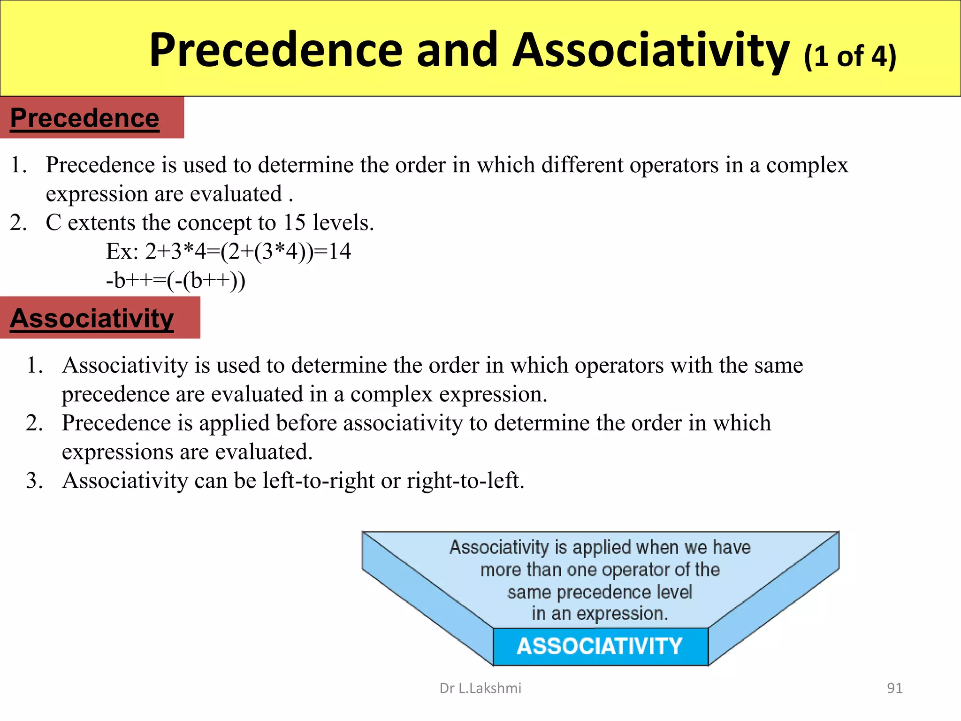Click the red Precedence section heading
click(85, 118)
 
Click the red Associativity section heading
click(92, 318)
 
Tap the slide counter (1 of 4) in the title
click(850, 56)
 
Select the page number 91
click(894, 688)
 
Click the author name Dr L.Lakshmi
click(480, 688)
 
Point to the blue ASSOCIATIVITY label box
click(600, 646)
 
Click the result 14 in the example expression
click(339, 251)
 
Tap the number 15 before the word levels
click(294, 222)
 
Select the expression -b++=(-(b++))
click(175, 280)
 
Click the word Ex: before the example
click(122, 251)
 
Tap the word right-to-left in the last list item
click(465, 481)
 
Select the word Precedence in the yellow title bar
click(275, 50)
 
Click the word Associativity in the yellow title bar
click(651, 50)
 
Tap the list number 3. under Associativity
click(35, 481)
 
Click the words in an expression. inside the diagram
click(600, 614)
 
